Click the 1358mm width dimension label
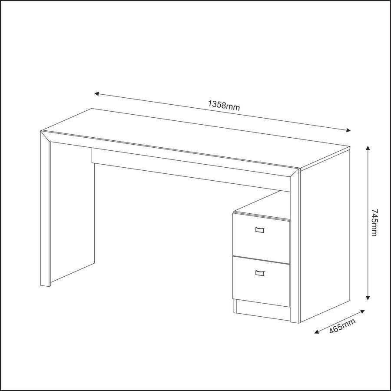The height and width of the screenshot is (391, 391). (224, 106)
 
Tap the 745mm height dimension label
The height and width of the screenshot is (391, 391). (374, 223)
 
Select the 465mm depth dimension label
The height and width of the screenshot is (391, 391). (342, 326)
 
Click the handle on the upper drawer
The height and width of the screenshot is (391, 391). (260, 230)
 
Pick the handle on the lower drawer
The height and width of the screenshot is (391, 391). (260, 273)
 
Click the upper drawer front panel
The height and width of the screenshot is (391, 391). (261, 238)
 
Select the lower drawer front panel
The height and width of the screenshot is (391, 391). (261, 281)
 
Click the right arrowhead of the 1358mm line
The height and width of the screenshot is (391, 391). (348, 130)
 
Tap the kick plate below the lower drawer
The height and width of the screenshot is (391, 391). (262, 310)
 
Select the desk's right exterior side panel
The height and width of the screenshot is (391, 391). (325, 235)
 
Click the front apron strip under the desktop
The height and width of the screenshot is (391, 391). (191, 170)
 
